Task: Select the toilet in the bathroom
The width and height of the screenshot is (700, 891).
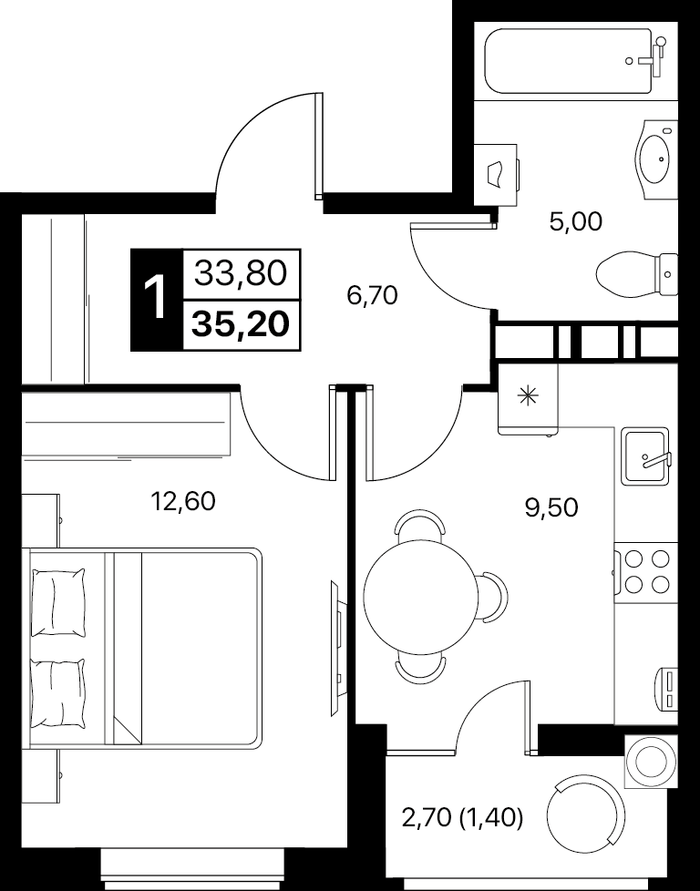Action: click(638, 274)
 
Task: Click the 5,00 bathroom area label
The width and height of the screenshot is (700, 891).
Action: click(575, 221)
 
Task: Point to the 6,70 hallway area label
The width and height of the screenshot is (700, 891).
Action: click(372, 295)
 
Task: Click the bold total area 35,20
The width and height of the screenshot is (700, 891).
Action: click(242, 325)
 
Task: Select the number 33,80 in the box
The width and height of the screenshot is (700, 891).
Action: click(240, 274)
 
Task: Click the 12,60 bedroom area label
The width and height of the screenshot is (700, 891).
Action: click(182, 501)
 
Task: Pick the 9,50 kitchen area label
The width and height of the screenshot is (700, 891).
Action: click(551, 507)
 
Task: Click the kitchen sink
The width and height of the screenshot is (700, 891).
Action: click(645, 456)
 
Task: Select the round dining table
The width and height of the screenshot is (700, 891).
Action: click(421, 597)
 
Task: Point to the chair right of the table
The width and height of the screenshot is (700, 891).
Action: click(492, 596)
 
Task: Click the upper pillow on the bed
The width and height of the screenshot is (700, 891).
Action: click(58, 603)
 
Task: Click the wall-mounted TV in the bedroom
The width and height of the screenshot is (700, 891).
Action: click(336, 648)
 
